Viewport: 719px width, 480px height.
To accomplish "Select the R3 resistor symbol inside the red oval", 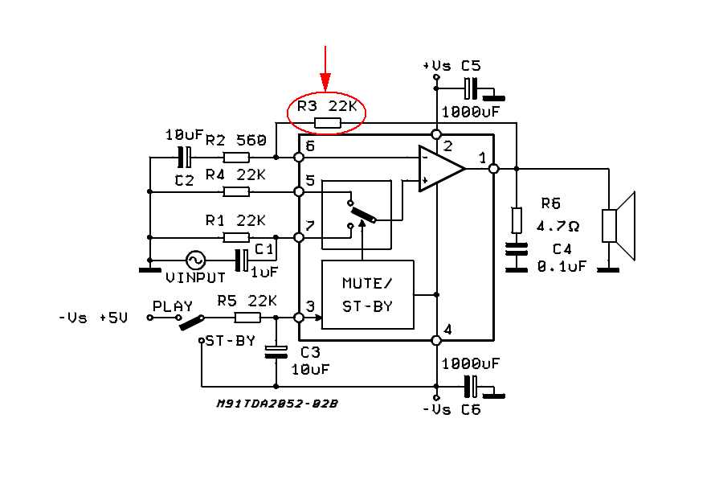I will coord(327,123).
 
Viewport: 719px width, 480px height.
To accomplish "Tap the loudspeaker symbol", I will coord(619,226).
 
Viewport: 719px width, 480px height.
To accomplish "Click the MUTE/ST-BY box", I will coord(367,294).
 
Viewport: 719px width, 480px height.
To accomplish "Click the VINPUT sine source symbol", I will coord(195,260).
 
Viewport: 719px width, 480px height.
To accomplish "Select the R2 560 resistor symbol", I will coord(235,158).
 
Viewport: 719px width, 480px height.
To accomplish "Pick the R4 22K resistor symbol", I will coord(235,191).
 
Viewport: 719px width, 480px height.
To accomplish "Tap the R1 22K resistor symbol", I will coord(235,237).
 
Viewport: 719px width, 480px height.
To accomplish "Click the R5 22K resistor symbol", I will coord(247,318).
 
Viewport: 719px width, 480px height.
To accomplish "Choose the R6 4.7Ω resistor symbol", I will coord(517,219).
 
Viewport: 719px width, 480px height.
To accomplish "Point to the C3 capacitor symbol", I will coord(276,350).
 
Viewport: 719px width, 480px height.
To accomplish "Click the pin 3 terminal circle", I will coord(299,318).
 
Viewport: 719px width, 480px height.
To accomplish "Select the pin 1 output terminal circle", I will coord(493,169).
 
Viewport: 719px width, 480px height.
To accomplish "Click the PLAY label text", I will coord(173,306).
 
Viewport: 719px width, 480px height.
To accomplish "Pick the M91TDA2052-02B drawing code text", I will coord(276,404).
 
